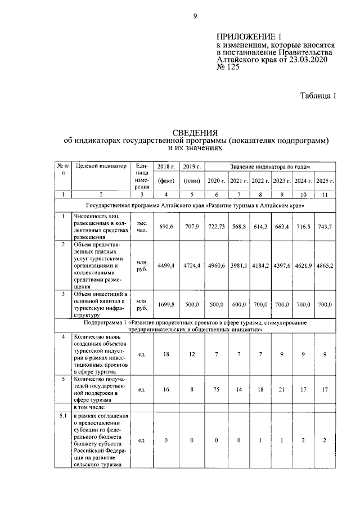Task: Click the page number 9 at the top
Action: coord(195,16)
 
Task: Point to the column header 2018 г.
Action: coord(166,167)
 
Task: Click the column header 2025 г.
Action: coord(324,180)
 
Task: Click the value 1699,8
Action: coord(166,304)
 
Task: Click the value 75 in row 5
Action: coord(217,388)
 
